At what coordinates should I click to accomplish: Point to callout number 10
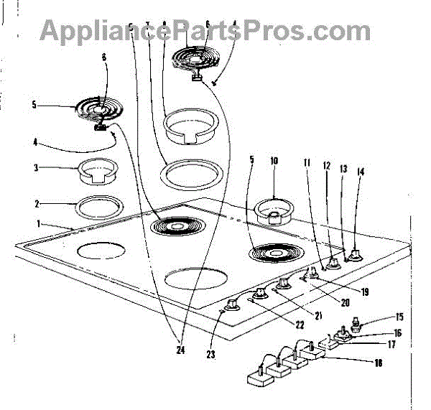click(274, 162)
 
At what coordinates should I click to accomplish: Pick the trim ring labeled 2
click(96, 207)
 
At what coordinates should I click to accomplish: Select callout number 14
click(361, 172)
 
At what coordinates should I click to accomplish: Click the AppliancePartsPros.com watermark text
click(205, 30)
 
